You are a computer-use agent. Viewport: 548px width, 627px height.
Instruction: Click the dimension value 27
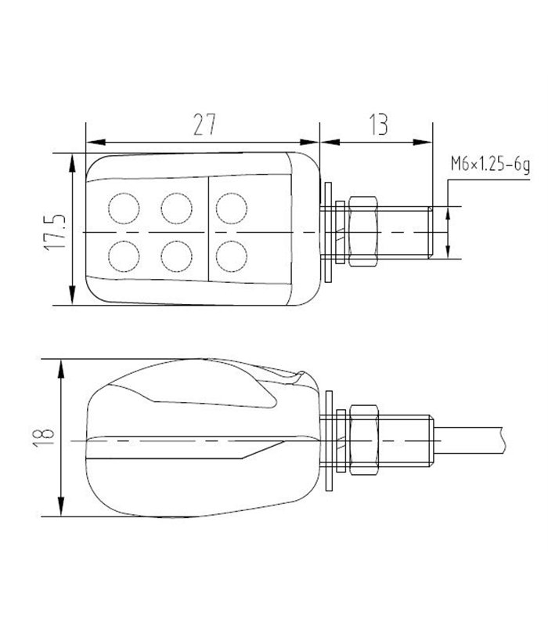[x=204, y=125]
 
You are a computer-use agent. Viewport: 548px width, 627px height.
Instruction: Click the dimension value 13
[x=378, y=125]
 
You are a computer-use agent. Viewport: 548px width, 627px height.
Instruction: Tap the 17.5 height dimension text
[x=55, y=232]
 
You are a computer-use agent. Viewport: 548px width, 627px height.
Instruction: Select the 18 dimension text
[x=44, y=437]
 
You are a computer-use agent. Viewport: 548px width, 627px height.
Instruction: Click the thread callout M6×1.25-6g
[x=491, y=164]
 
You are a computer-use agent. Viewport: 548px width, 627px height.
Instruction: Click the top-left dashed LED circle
[x=124, y=208]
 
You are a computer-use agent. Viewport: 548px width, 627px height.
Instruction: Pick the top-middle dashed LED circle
[x=177, y=208]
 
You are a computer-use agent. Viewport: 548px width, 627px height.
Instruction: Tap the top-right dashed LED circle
[x=232, y=208]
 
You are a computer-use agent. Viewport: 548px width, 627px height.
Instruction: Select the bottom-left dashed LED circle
[x=124, y=256]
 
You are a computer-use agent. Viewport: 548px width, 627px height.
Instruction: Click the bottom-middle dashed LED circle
[x=177, y=256]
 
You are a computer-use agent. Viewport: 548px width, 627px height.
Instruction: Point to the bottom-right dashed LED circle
[x=232, y=256]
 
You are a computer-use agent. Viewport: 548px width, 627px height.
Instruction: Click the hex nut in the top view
[x=363, y=232]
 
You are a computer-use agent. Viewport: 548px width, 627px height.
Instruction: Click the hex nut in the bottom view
[x=364, y=440]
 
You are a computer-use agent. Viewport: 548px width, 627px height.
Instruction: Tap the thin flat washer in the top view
[x=329, y=232]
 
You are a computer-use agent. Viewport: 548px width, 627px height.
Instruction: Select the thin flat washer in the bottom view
[x=330, y=440]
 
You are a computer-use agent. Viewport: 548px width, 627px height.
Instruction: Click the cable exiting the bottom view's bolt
[x=468, y=440]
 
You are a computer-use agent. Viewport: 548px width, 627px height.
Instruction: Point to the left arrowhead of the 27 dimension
[x=96, y=142]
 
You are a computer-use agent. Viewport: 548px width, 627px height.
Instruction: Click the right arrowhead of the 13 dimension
[x=423, y=142]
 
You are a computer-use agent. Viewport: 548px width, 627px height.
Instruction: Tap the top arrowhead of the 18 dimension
[x=61, y=368]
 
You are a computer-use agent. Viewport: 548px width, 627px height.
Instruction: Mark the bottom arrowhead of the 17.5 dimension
[x=72, y=295]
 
